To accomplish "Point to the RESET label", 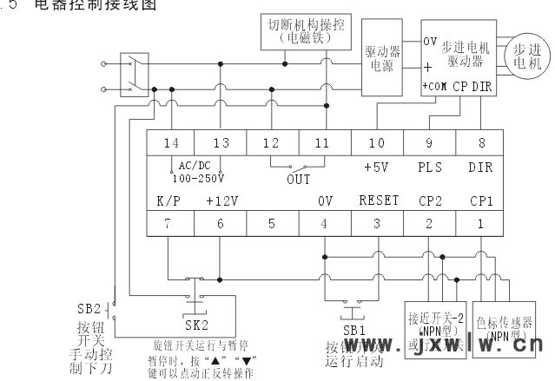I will pos(379,200).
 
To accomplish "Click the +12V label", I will pos(222,200).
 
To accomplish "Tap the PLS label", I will pos(430,164).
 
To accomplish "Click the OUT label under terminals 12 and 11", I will pos(298,181).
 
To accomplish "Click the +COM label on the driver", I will pos(434,88).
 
